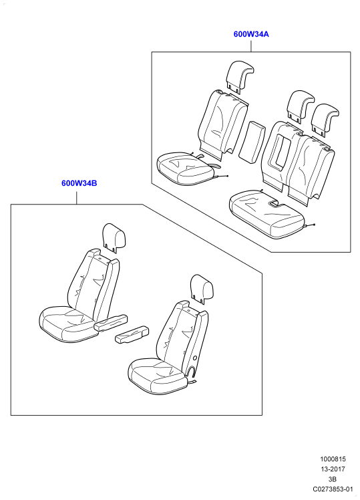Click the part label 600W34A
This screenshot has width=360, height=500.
coord(251,34)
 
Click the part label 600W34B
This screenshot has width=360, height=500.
coord(79,183)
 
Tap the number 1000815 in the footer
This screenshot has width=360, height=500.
coord(333,459)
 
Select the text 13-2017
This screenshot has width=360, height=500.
coord(333,469)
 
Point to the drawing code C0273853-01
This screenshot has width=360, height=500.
coord(333,489)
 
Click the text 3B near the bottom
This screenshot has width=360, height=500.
coord(333,479)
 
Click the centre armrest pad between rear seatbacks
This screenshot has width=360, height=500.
coord(252,142)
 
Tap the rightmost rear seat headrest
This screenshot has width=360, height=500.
coord(325,120)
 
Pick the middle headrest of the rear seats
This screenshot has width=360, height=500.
coord(300,106)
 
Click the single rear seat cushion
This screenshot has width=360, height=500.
coord(185,168)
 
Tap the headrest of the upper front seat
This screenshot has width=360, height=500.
coord(114,237)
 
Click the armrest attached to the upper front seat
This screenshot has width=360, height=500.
coord(111,323)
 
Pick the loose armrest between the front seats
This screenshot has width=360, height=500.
coord(132,334)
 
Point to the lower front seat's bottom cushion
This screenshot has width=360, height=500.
coord(158,376)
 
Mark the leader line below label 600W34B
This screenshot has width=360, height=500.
coord(77,196)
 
